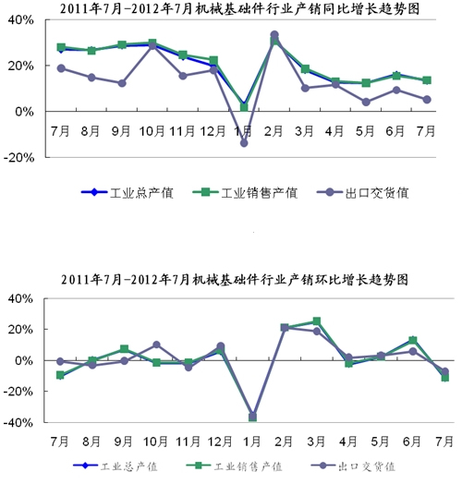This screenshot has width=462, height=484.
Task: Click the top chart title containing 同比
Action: click(239, 8)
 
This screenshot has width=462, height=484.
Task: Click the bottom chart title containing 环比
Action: click(235, 280)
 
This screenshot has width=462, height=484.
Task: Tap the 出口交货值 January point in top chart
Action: click(244, 143)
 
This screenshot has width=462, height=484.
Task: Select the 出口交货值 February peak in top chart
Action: click(274, 35)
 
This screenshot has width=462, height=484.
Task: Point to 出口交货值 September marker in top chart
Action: click(122, 83)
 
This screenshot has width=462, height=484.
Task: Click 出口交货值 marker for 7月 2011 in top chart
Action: click(61, 68)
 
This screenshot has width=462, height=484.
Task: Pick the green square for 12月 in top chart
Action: click(213, 60)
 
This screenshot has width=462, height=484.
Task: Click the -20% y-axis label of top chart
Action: click(18, 158)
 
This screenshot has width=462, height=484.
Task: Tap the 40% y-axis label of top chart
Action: click(20, 20)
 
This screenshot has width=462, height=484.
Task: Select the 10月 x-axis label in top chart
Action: click(152, 131)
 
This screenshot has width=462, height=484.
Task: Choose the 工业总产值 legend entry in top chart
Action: click(127, 193)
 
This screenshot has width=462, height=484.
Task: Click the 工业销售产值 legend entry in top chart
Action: click(245, 193)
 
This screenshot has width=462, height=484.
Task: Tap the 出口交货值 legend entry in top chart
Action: click(363, 193)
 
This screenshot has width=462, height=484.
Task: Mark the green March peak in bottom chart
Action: click(317, 321)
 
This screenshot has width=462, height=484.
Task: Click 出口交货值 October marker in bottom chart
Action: click(156, 345)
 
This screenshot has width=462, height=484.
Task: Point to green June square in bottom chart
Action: click(413, 340)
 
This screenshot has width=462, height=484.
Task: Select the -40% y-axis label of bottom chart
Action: click(18, 422)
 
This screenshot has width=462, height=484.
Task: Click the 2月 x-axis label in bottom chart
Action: click(284, 442)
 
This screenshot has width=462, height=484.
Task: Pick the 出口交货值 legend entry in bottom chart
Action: click(353, 466)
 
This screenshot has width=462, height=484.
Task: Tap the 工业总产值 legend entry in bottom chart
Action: click(115, 466)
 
